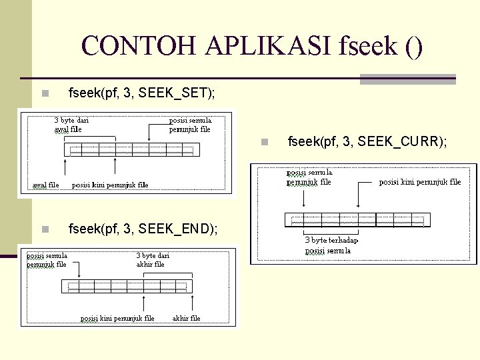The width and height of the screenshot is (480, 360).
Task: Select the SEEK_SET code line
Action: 142,93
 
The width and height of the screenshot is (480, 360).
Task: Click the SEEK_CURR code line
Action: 367,141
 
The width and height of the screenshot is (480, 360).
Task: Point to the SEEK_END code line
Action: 143,229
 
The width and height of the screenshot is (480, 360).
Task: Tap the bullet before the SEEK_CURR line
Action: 264,142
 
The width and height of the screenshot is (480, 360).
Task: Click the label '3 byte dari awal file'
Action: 71,125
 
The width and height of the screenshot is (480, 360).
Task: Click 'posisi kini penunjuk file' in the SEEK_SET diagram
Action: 110,185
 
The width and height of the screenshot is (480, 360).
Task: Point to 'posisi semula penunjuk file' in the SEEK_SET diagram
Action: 190,125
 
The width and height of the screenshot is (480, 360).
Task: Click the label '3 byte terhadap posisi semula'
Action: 331,245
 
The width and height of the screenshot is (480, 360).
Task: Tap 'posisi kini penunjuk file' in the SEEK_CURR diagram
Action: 420,182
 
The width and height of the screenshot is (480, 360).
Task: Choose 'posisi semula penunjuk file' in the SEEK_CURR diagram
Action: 309,177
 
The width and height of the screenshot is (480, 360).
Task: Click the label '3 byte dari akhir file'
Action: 153,259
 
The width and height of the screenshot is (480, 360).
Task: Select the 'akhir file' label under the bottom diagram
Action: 186,318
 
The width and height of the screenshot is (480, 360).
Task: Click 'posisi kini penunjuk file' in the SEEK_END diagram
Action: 117,318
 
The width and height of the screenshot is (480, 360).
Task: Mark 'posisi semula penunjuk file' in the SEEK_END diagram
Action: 47,259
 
